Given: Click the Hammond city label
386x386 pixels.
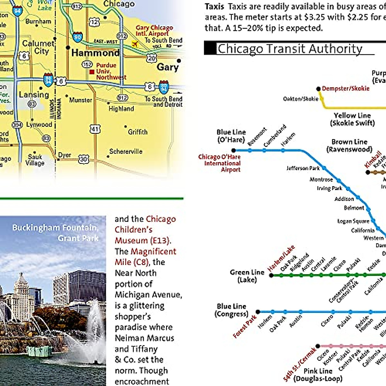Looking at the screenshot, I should [95, 53].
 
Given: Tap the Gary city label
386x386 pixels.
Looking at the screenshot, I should [167, 67].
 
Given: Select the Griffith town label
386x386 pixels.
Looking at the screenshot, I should [138, 132].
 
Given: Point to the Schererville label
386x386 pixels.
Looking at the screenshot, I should [126, 151].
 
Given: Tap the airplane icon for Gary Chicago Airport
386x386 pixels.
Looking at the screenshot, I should [135, 43].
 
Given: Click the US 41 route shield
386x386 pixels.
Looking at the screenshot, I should [95, 129].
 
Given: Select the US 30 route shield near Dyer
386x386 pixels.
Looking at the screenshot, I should [83, 159].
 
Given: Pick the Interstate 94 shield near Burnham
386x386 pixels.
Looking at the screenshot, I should [17, 11].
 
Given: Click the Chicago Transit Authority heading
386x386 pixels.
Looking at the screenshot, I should [289, 49].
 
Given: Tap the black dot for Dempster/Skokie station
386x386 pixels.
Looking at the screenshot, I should [318, 89].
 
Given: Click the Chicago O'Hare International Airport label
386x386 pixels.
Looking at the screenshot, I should [220, 163].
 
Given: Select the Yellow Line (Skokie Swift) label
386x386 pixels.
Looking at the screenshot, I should [352, 119].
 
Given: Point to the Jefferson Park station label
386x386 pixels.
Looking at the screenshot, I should [303, 168].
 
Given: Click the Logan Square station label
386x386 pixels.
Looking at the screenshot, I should [353, 221].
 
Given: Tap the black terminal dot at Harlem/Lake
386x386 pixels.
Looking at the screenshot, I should [271, 275].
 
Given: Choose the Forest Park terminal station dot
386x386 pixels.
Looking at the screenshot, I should [258, 312].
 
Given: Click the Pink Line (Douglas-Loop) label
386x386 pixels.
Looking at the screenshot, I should [318, 375].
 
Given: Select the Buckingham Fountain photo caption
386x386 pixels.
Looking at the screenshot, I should [56, 233].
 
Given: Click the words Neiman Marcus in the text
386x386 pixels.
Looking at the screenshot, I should [144, 338].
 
